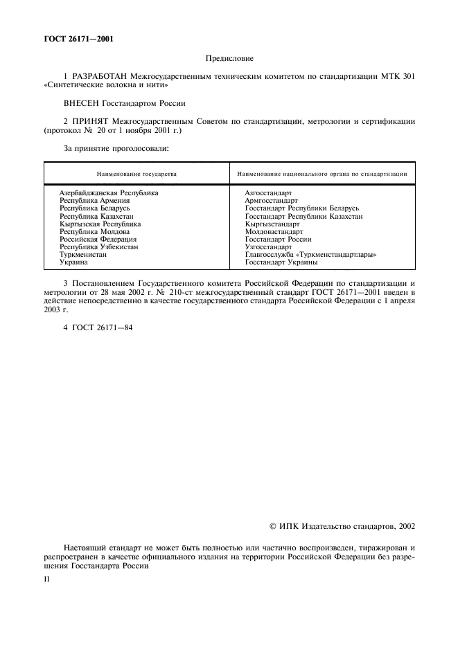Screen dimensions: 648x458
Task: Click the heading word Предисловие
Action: (229, 60)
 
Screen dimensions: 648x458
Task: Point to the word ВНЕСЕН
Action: (82, 103)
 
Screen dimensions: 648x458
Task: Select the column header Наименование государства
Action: (136, 173)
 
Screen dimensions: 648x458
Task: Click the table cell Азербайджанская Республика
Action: (109, 192)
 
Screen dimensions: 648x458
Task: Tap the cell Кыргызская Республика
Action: (100, 224)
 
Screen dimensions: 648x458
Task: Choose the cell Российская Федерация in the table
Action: (98, 240)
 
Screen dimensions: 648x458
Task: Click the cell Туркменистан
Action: (83, 255)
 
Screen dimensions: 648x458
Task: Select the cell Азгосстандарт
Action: (269, 192)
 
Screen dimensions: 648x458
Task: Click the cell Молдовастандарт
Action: (275, 232)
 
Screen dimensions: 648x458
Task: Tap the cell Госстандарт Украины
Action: (281, 262)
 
